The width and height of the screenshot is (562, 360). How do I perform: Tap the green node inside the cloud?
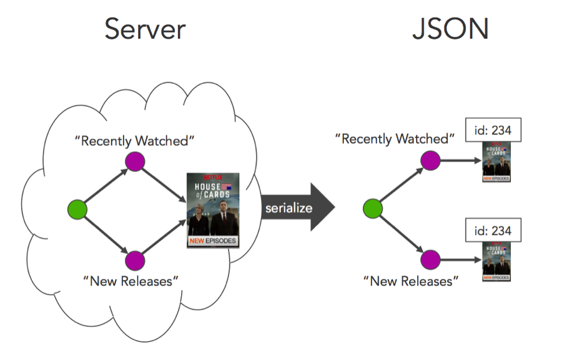point(77,209)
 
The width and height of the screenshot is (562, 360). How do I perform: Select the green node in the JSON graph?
point(373,209)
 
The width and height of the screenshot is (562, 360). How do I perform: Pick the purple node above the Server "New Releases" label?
point(135,259)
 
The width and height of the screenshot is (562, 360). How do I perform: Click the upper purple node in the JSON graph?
point(430,161)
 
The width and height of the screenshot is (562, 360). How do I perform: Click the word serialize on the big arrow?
point(288,208)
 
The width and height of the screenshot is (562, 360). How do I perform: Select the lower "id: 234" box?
point(493,231)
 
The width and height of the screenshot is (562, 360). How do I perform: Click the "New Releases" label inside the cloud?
point(131,281)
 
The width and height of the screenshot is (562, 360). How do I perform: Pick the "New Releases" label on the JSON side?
point(411,281)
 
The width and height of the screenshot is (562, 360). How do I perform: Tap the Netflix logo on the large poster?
point(213,176)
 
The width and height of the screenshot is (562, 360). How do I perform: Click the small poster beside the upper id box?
point(496,161)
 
